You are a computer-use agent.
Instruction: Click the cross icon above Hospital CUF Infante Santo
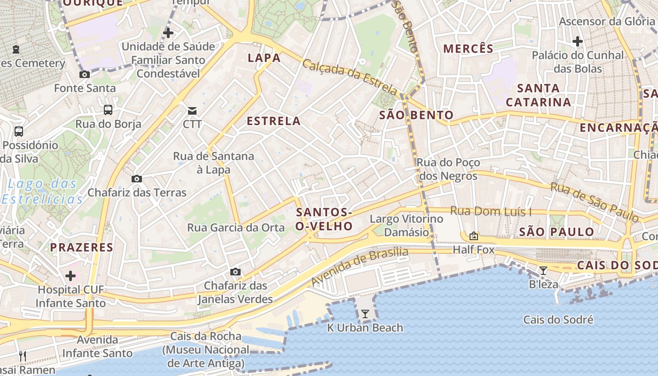[x=70, y=275]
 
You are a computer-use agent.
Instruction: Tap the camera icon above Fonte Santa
[x=85, y=74]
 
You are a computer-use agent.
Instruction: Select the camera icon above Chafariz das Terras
[x=137, y=179]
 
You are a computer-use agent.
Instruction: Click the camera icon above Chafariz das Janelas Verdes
[x=235, y=272]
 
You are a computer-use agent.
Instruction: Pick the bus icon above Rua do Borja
[x=108, y=110]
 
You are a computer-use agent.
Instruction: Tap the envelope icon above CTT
[x=192, y=111]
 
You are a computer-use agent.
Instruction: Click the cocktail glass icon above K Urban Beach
[x=365, y=313]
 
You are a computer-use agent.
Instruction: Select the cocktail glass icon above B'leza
[x=543, y=270]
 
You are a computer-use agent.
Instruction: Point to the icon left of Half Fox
[x=474, y=236]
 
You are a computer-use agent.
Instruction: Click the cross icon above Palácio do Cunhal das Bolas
[x=578, y=41]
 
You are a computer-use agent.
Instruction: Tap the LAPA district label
[x=264, y=58]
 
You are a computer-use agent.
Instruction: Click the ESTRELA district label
[x=274, y=121]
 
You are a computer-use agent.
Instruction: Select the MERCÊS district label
[x=469, y=48]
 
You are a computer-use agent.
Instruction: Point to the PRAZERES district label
[x=82, y=247]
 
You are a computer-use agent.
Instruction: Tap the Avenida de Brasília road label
[x=360, y=266]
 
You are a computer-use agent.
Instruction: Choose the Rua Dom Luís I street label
[x=491, y=211]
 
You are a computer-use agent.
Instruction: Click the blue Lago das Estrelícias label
[x=42, y=191]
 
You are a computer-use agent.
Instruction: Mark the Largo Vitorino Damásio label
[x=407, y=226]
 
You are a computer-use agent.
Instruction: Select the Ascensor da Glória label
[x=607, y=21]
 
